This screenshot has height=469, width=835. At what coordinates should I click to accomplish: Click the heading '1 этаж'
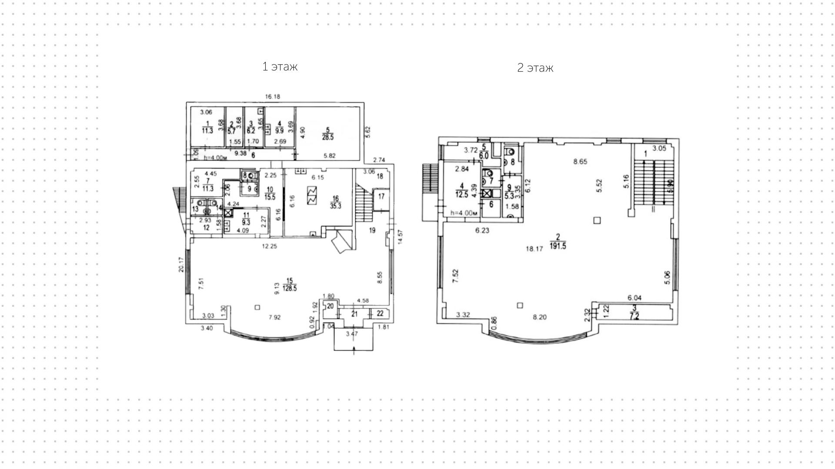pyautogui.click(x=280, y=67)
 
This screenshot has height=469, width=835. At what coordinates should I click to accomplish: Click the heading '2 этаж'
pyautogui.click(x=535, y=68)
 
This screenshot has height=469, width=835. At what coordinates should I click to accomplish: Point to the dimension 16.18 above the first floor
pyautogui.click(x=272, y=97)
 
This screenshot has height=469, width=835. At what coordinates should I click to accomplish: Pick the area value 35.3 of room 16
pyautogui.click(x=335, y=206)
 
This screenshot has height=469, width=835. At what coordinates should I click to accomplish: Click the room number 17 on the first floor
pyautogui.click(x=381, y=197)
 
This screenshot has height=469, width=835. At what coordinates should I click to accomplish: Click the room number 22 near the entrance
pyautogui.click(x=380, y=313)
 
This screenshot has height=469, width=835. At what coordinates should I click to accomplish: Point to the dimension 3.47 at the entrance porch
pyautogui.click(x=352, y=334)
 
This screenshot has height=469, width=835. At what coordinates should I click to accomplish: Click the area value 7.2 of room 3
pyautogui.click(x=635, y=316)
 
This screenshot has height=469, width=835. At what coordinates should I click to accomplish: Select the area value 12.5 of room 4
pyautogui.click(x=462, y=195)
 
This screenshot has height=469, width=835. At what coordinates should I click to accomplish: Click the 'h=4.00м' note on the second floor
pyautogui.click(x=464, y=213)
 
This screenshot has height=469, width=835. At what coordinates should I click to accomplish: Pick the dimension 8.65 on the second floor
pyautogui.click(x=580, y=161)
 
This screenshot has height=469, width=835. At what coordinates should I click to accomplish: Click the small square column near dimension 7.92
pyautogui.click(x=257, y=308)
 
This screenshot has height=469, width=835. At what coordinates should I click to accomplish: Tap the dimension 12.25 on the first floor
pyautogui.click(x=270, y=246)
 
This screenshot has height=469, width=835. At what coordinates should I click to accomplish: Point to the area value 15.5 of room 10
pyautogui.click(x=270, y=197)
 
